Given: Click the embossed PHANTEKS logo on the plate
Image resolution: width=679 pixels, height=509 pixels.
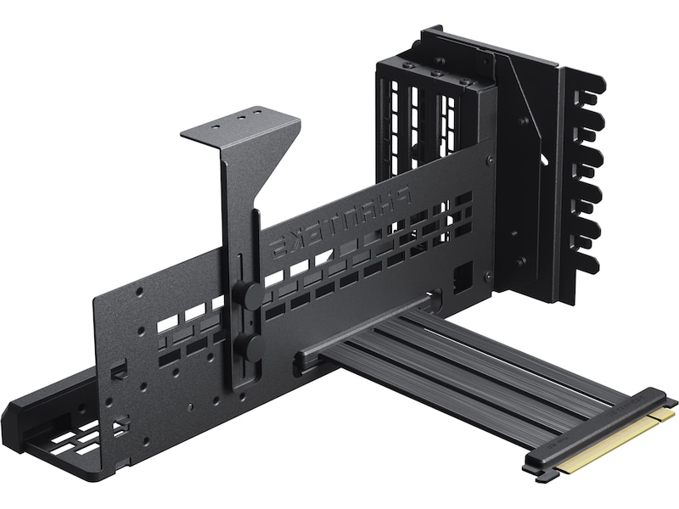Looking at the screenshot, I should (339, 222).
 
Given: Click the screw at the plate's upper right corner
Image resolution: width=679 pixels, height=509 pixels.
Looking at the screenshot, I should (487, 160).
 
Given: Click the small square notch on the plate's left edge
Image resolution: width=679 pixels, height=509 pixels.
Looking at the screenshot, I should (120, 368).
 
